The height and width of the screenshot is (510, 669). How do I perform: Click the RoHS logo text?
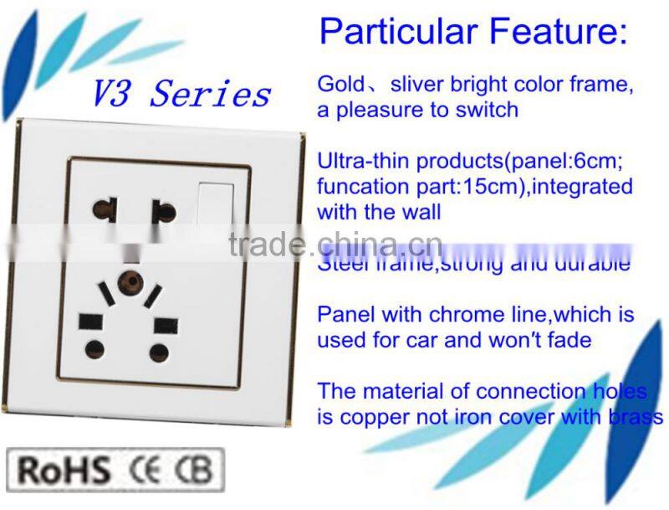[x=64, y=470]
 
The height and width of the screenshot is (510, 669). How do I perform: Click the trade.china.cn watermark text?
[x=334, y=244]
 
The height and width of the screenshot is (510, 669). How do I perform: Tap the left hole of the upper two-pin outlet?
[x=106, y=208]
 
